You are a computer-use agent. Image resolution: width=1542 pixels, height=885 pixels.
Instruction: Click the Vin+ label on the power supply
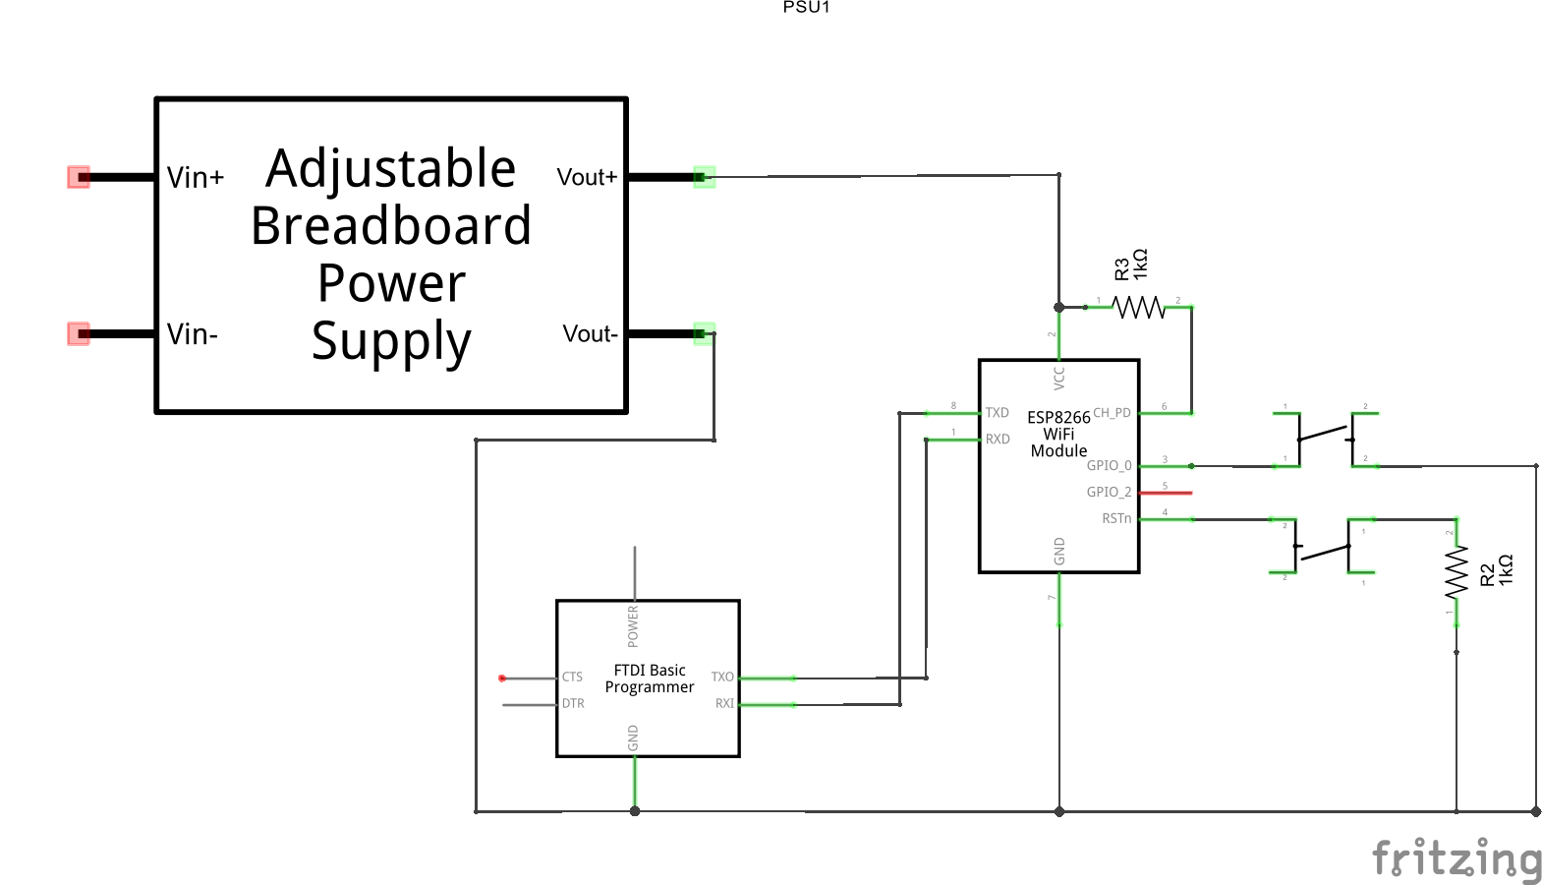click(196, 178)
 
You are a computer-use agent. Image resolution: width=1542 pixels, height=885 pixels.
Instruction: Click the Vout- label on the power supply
click(590, 334)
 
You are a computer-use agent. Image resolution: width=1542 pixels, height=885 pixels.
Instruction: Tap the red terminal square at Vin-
click(79, 334)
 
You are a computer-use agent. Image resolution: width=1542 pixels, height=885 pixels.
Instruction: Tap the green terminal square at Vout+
click(704, 177)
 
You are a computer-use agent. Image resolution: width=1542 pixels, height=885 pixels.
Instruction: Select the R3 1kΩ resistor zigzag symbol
click(1138, 308)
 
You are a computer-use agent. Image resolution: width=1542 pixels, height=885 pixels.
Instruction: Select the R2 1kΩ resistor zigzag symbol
click(1456, 572)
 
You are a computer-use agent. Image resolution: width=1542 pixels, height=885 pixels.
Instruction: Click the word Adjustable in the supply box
click(391, 168)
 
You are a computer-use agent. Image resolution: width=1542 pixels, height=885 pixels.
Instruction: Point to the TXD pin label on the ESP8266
click(998, 413)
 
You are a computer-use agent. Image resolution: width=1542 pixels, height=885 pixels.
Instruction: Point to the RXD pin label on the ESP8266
click(998, 440)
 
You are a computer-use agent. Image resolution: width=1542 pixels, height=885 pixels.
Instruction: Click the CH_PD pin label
click(1112, 413)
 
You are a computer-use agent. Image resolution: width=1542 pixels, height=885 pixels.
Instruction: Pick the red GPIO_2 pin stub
click(1166, 493)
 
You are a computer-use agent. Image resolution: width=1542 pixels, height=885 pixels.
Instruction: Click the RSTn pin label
click(1115, 518)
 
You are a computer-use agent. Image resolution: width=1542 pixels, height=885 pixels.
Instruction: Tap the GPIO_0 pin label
click(1109, 466)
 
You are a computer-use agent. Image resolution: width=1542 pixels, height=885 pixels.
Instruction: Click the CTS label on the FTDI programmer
click(572, 678)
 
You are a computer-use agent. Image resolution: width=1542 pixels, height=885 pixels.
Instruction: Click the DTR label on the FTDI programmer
click(573, 704)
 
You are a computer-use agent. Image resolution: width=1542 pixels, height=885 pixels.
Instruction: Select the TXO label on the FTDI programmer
click(722, 678)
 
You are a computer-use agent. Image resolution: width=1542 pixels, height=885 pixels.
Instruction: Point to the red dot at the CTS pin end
click(502, 678)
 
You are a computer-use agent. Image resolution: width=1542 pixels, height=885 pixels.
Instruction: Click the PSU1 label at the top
click(806, 7)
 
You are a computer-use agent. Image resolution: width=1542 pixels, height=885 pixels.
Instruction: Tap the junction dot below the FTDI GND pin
click(635, 811)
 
